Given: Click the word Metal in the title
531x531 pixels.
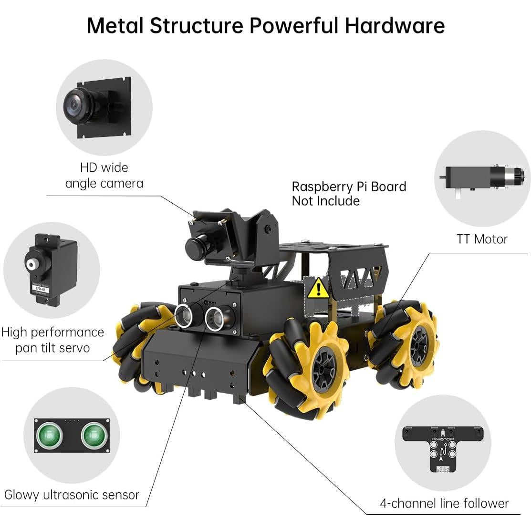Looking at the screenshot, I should tap(115, 25).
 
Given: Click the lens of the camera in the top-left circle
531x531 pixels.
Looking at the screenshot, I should tap(76, 101).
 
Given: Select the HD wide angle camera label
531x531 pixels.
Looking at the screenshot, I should tap(104, 175).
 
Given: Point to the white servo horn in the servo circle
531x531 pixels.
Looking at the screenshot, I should tap(32, 264).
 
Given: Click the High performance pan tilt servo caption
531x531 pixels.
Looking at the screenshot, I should tap(52, 340).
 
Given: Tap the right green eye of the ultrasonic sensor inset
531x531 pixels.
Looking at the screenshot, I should tap(93, 435).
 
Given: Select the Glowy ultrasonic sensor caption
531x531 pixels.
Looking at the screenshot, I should tap(72, 495).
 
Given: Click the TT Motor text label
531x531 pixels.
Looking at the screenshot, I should tap(482, 239).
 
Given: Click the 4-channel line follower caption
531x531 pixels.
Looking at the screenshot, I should tap(444, 503).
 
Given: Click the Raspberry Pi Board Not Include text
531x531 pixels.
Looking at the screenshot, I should tap(349, 194).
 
